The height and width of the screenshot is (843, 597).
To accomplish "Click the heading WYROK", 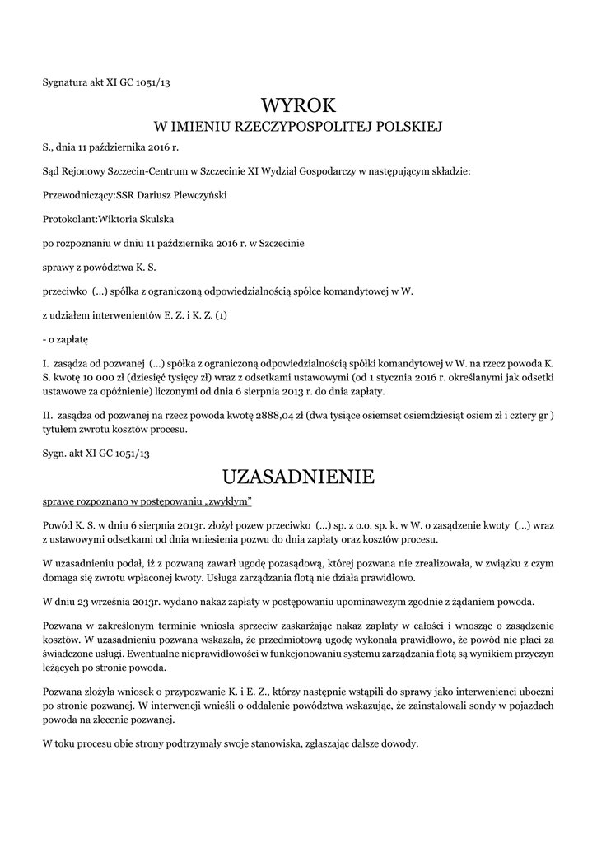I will click(x=298, y=105).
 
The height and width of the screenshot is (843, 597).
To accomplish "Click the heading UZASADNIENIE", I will click(x=298, y=477).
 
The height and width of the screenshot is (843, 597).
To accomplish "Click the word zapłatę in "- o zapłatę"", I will click(x=68, y=338).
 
